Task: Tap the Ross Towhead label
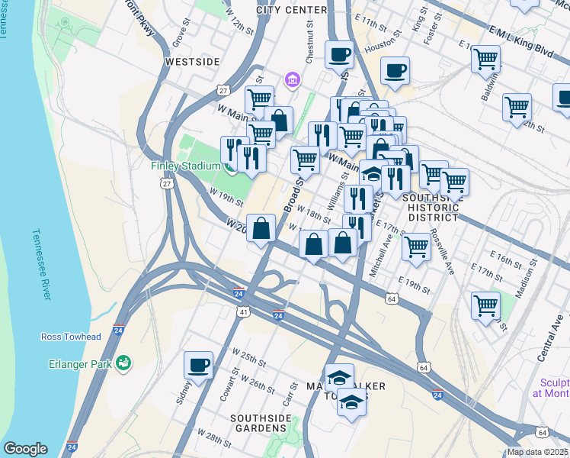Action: (x=70, y=337)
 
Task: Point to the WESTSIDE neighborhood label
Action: (x=193, y=61)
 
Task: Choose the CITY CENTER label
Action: (x=292, y=10)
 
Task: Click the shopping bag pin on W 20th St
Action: (x=261, y=228)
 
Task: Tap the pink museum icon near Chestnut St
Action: (x=290, y=79)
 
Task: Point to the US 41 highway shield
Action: (x=243, y=311)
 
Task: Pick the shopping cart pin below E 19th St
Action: (x=485, y=305)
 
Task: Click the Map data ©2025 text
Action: (x=537, y=452)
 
